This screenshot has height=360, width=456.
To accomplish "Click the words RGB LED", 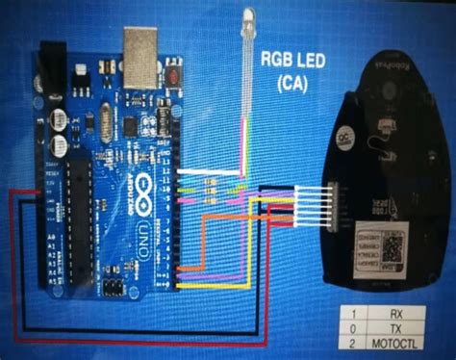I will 289,61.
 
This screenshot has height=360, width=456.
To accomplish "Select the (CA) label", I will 289,83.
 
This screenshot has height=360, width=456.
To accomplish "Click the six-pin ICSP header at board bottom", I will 114,287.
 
